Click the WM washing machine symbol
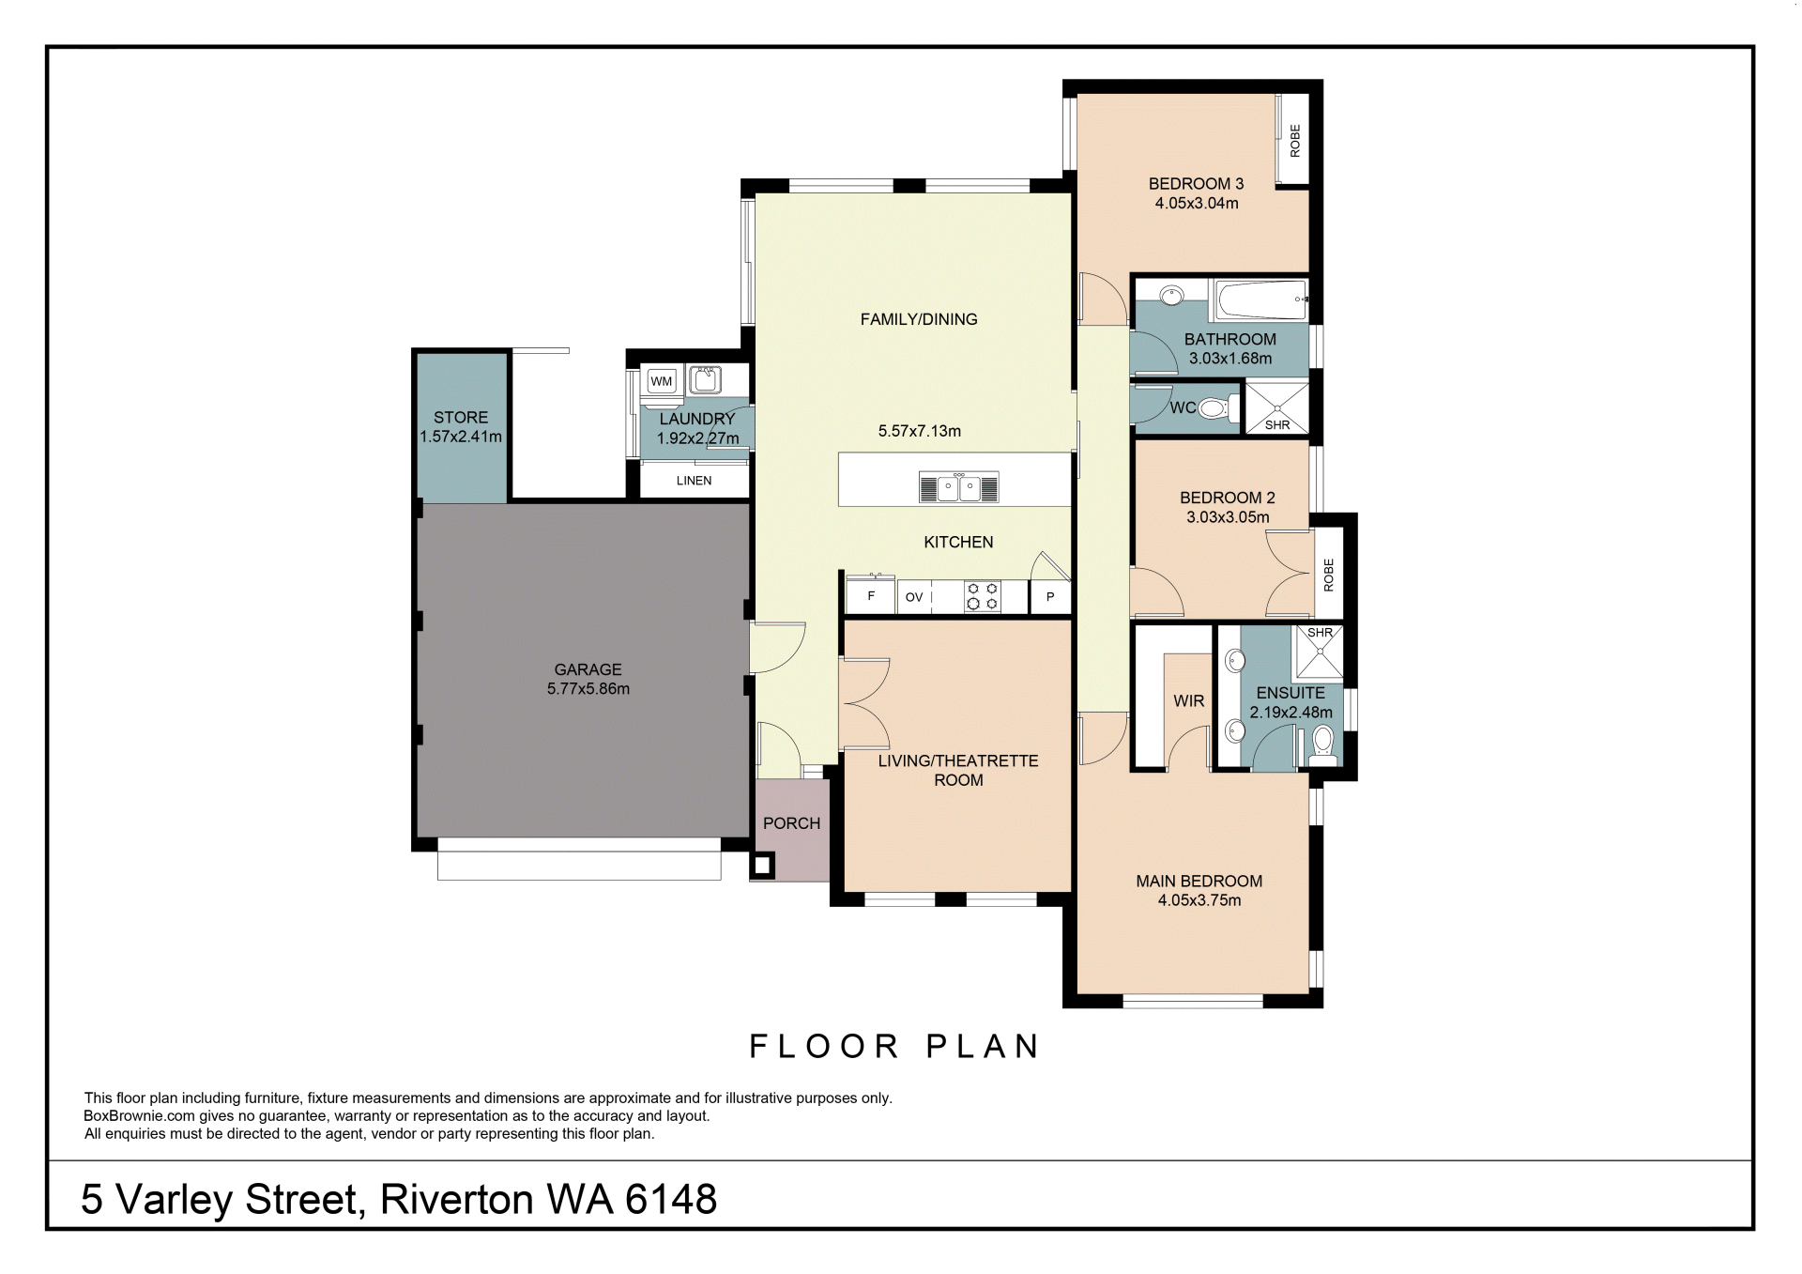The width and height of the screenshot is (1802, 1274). pos(662,381)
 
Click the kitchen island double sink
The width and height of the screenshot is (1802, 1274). pos(958,488)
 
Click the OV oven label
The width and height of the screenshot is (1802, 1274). pos(914,597)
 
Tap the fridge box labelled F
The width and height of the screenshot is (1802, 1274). pos(872,597)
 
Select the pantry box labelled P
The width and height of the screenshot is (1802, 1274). pos(1050,597)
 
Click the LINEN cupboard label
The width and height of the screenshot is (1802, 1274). pos(695,481)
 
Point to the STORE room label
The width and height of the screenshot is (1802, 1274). pos(461,418)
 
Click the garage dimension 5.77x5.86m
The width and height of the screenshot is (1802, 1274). pos(588,689)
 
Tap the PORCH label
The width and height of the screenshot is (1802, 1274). pos(791,823)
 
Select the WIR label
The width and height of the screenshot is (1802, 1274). pos(1188,701)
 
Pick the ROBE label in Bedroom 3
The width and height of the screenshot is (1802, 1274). pos(1295,141)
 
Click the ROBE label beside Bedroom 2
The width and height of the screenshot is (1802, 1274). pos(1328,575)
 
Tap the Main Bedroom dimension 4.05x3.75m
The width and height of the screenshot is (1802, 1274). pos(1199,900)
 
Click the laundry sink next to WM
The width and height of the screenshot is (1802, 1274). pos(705,380)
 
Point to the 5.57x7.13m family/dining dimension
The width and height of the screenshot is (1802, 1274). pos(920,432)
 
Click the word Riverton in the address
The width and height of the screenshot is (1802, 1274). pos(458,1200)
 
